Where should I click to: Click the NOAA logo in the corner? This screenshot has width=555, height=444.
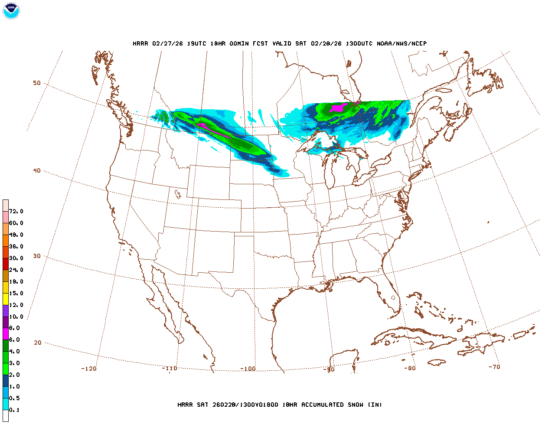click(11, 11)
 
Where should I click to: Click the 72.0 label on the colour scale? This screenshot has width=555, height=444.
click(16, 212)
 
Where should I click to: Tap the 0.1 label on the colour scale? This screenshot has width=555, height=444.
click(14, 410)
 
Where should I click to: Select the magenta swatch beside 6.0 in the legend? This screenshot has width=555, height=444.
click(6, 334)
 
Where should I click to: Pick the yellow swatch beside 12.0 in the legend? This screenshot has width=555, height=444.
click(6, 299)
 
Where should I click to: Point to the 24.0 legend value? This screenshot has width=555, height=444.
click(16, 270)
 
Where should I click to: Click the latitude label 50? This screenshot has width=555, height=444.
click(37, 83)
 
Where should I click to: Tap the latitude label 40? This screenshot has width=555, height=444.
click(37, 170)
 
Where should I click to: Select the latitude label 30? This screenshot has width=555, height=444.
click(37, 256)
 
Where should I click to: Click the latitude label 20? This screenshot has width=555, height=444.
click(38, 343)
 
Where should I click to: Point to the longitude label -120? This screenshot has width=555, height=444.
click(89, 369)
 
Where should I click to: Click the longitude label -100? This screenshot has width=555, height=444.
click(248, 369)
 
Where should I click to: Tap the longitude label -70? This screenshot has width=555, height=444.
click(494, 367)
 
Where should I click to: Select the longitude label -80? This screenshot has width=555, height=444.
click(410, 368)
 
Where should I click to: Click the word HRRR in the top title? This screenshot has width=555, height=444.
click(140, 43)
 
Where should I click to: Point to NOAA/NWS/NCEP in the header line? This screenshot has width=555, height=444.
click(402, 43)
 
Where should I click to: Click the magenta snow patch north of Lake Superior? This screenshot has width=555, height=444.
click(337, 108)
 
